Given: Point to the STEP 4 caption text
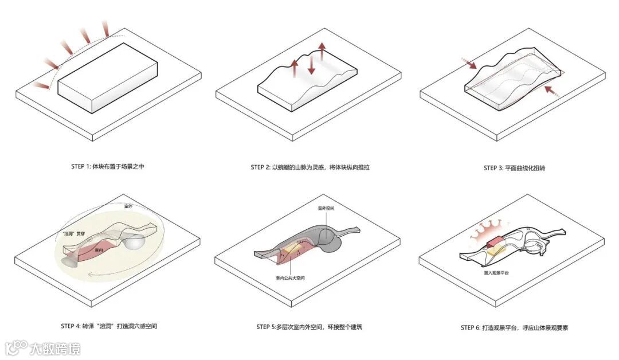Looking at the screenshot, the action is (x=109, y=326).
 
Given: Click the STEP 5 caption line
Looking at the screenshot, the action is (x=309, y=327).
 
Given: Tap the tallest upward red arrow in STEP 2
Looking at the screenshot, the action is (x=322, y=51).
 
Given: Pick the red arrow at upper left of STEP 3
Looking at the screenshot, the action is (x=468, y=63).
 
